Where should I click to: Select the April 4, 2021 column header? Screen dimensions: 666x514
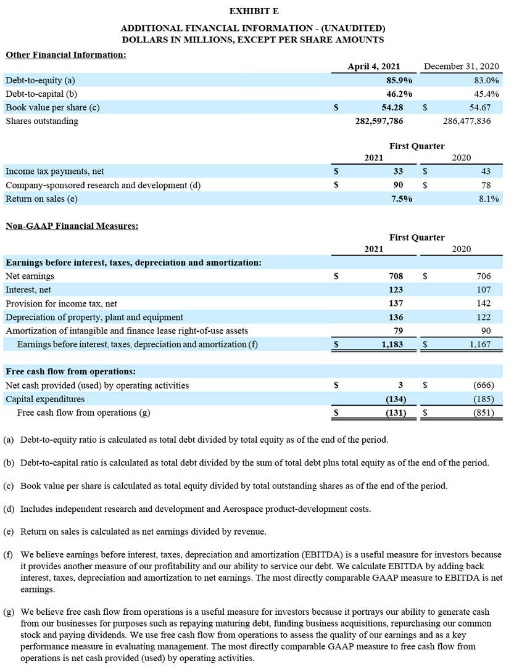pos(374,67)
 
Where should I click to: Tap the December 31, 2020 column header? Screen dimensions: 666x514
pos(462,67)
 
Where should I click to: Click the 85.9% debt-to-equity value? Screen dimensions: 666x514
pos(399,80)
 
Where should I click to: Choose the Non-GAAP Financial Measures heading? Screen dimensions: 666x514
pos(72,226)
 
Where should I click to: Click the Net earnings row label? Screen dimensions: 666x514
pos(30,276)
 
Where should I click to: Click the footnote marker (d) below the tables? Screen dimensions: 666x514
pos(9,509)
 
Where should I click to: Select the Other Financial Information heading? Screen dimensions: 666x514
pos(66,55)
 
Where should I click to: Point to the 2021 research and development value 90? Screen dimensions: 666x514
pos(398,184)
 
